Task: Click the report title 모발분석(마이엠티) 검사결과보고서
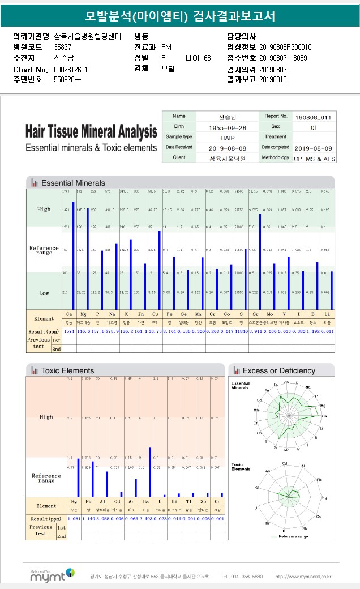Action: (x=179, y=15)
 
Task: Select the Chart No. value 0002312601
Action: (x=71, y=69)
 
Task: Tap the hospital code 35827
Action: (x=62, y=47)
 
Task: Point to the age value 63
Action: (x=207, y=58)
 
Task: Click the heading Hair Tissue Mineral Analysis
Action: (x=91, y=132)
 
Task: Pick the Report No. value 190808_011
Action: (x=314, y=117)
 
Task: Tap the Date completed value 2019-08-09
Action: (x=314, y=147)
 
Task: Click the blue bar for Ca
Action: (x=73, y=255)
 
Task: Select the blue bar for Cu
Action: (x=160, y=270)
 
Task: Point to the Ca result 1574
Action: (x=69, y=331)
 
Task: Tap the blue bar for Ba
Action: (x=150, y=472)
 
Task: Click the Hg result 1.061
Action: (x=74, y=519)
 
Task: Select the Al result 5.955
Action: (x=102, y=519)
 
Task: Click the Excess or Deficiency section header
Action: (x=278, y=370)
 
